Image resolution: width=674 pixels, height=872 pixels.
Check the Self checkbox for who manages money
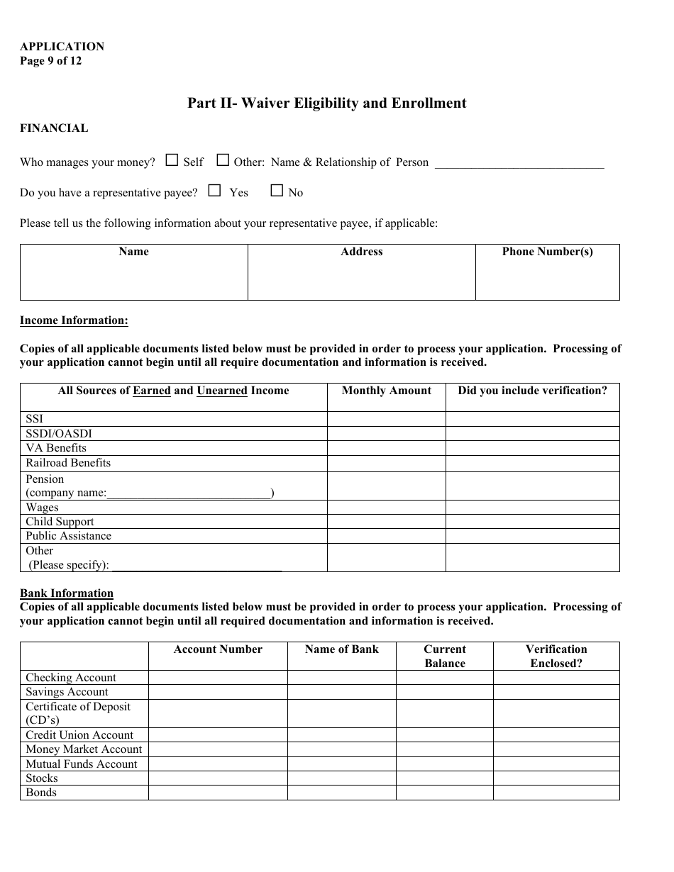(x=172, y=160)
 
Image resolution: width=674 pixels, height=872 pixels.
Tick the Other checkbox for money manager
(x=223, y=160)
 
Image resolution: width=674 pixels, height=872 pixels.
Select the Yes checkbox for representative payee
(x=214, y=191)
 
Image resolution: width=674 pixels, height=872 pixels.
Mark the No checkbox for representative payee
(x=277, y=191)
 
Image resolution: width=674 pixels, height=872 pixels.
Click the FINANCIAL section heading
(x=54, y=128)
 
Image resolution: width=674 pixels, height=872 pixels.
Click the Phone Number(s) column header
(x=547, y=252)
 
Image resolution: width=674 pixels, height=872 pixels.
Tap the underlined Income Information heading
(x=74, y=320)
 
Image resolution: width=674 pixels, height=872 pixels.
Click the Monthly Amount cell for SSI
(x=386, y=419)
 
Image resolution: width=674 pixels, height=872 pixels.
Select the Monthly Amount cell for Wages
(x=386, y=508)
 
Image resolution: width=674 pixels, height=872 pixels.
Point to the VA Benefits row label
(x=56, y=448)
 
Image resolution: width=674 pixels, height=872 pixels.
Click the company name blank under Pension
(x=189, y=493)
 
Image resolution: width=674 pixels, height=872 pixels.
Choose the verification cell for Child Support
(x=532, y=522)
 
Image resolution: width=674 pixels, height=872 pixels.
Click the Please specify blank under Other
(x=197, y=565)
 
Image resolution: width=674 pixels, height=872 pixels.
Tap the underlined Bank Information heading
(x=67, y=593)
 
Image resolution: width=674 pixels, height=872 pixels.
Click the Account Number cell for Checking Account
(x=218, y=678)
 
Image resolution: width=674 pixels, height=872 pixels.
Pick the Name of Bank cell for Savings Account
(x=341, y=692)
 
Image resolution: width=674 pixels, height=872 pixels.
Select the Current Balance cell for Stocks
(x=444, y=778)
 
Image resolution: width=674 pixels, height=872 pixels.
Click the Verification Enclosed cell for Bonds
(x=556, y=793)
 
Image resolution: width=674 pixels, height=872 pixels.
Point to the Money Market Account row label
(x=84, y=749)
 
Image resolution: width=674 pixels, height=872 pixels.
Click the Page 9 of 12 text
(x=50, y=61)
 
